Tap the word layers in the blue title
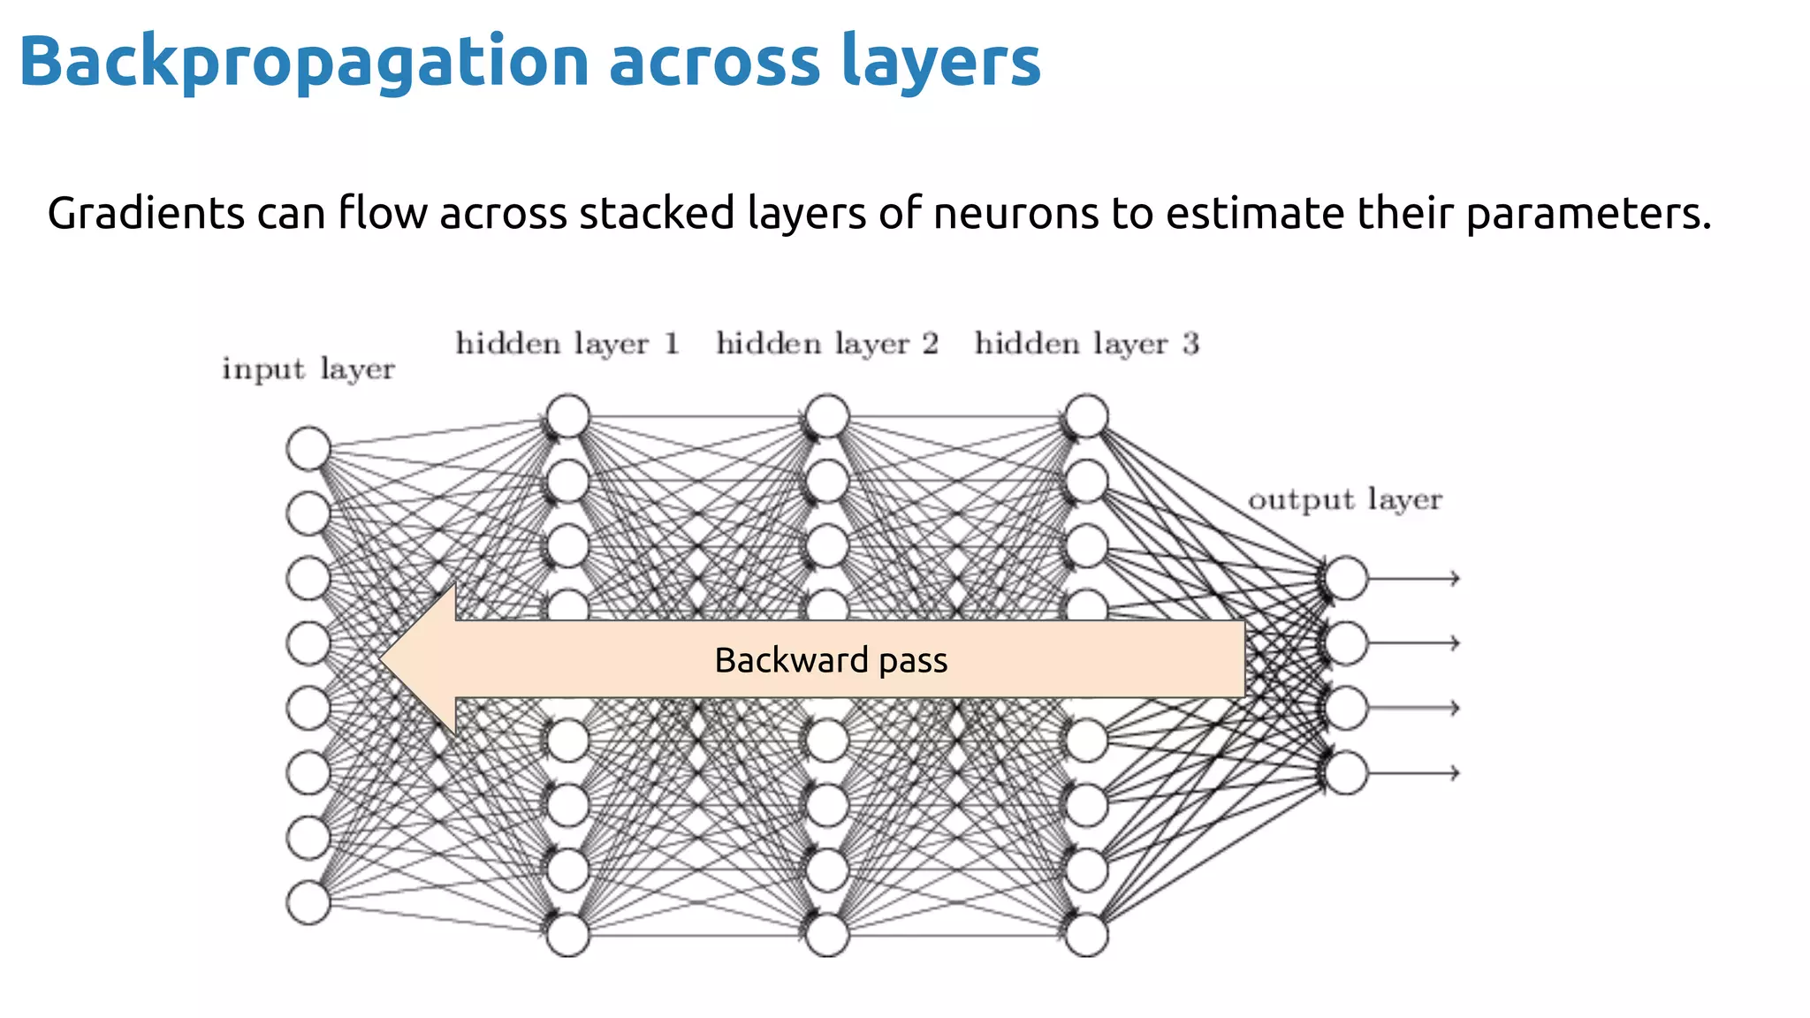pos(940,62)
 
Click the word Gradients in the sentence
pos(146,214)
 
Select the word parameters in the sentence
pos(1586,214)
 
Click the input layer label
pos(308,368)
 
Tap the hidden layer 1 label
pos(567,343)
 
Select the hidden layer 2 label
pos(827,343)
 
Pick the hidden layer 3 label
pos(1086,343)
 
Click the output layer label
pos(1344,499)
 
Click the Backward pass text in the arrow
pos(831,660)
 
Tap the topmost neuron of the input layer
pos(308,448)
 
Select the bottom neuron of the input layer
pos(308,902)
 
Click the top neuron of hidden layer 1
pos(567,416)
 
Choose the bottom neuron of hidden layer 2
pos(827,935)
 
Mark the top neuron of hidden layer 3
pos(1086,416)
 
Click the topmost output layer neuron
pos(1346,578)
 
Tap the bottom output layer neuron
pos(1346,772)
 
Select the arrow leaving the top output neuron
pos(1414,578)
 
